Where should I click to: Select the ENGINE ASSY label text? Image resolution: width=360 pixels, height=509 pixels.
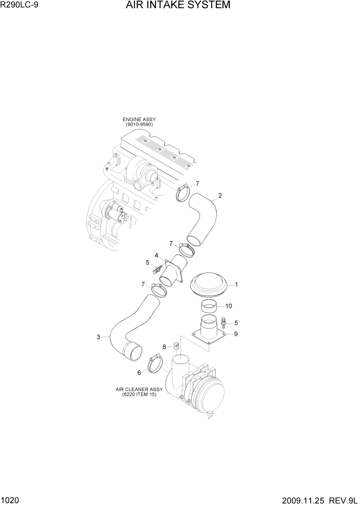[x=139, y=120]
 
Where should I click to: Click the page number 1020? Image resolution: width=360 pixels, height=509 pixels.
[x=11, y=500]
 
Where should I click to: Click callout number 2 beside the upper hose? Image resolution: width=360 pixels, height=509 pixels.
[x=220, y=195]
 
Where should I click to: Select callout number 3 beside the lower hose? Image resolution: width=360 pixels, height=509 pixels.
[x=98, y=337]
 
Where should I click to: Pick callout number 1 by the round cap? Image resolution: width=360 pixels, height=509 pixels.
[x=236, y=284]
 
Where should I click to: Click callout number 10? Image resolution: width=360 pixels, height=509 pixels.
[x=229, y=306]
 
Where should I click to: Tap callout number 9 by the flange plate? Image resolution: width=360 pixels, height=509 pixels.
[x=236, y=334]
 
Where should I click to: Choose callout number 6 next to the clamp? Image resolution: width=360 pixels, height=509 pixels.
[x=139, y=373]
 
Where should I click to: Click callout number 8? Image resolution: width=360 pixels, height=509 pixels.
[x=164, y=347]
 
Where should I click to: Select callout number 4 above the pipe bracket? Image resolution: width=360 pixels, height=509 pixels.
[x=156, y=255]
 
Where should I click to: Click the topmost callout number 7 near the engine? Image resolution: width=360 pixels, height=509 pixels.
[x=197, y=183]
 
